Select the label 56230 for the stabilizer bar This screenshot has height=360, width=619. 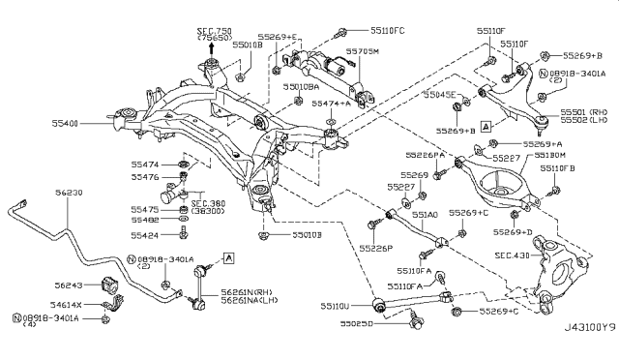coord(68,193)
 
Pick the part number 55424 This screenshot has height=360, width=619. coord(146,234)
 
